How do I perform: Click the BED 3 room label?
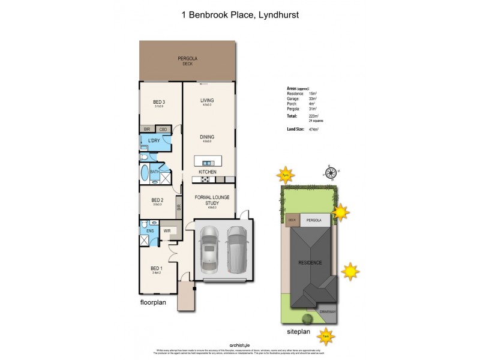[x=159, y=102]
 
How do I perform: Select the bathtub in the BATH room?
[x=145, y=173]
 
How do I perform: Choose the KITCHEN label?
[x=208, y=172]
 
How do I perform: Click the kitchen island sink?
[x=208, y=162]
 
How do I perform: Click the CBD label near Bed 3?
[x=163, y=130]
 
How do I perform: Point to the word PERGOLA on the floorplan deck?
[x=188, y=58]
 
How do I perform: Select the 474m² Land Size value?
[x=313, y=129]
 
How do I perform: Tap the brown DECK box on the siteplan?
[x=293, y=220]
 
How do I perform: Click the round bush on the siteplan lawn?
[x=306, y=318]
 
